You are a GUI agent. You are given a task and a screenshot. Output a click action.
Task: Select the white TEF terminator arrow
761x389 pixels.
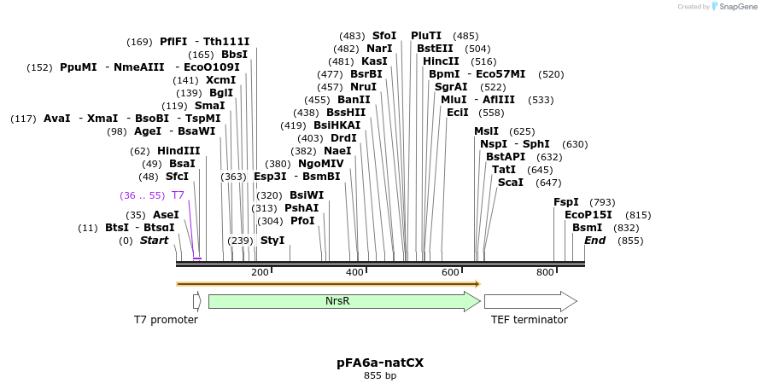click(x=530, y=301)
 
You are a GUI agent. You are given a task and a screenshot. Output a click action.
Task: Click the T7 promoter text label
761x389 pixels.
click(x=166, y=320)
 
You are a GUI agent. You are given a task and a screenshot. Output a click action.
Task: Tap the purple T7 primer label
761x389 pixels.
click(x=178, y=195)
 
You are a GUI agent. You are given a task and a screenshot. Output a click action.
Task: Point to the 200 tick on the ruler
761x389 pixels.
click(x=260, y=272)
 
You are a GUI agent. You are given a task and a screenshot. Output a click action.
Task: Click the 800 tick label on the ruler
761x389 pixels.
click(x=545, y=272)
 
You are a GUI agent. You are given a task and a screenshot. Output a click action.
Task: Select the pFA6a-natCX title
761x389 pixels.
click(x=380, y=363)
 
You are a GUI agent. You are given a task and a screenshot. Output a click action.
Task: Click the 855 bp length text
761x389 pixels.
click(x=380, y=375)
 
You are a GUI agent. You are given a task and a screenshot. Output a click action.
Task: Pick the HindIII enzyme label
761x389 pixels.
click(x=179, y=151)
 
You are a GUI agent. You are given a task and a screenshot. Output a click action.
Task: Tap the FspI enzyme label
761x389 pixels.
click(x=566, y=202)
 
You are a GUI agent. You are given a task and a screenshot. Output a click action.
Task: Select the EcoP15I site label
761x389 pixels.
click(x=588, y=215)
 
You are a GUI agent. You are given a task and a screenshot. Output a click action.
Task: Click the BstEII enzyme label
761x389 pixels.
click(x=436, y=49)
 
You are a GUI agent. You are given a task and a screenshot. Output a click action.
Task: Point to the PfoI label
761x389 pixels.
click(x=302, y=221)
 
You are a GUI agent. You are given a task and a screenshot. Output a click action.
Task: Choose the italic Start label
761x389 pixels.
click(x=154, y=241)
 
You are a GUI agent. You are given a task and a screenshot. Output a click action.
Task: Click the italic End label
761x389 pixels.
click(x=594, y=241)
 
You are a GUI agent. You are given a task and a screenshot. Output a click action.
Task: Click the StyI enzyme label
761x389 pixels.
click(x=272, y=241)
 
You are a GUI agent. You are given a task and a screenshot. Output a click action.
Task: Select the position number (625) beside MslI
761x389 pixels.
click(x=522, y=131)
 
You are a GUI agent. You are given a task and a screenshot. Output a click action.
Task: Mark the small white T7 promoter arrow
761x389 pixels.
click(x=196, y=301)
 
